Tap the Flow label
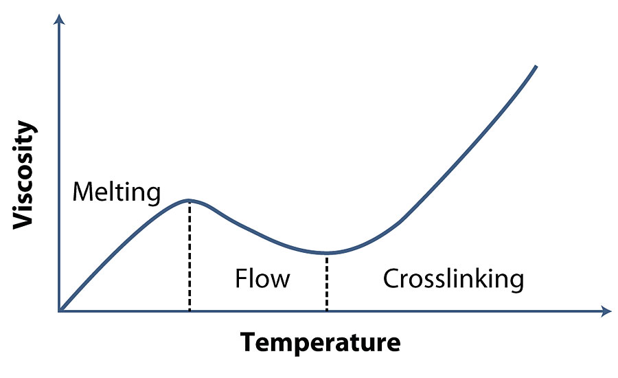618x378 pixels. (262, 280)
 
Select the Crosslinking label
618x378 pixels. (453, 280)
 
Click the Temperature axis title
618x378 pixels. (320, 341)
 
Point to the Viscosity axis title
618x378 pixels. (25, 175)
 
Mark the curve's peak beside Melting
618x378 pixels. (189, 200)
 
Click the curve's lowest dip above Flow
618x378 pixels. (327, 253)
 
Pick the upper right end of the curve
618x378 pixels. (536, 67)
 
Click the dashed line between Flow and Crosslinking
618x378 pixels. (327, 282)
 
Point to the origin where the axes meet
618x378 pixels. (60, 311)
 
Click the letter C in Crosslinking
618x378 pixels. (391, 280)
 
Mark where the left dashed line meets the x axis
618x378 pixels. (189, 311)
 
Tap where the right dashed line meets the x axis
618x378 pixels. (327, 311)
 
